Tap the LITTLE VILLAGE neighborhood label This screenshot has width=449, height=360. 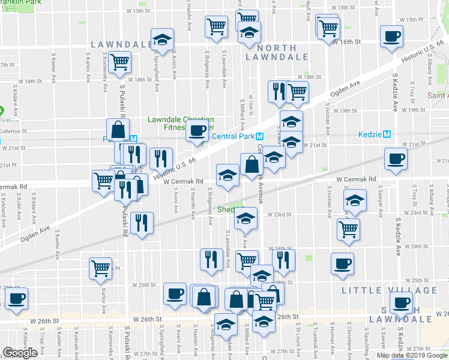(389, 290)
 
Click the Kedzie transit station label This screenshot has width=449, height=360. (371, 134)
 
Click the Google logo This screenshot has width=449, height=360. (20, 353)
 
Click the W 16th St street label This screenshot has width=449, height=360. (348, 42)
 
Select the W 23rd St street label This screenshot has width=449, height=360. (279, 214)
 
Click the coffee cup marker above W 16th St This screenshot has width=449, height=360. (391, 36)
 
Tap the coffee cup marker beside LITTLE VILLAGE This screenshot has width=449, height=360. (342, 263)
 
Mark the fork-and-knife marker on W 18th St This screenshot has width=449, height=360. (278, 91)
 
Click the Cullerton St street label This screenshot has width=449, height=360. (14, 130)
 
